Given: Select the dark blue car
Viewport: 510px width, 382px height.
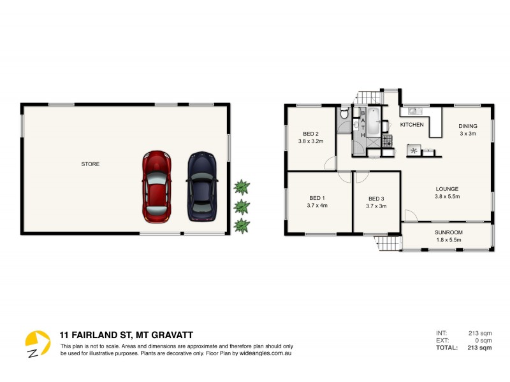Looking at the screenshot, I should click(x=201, y=187).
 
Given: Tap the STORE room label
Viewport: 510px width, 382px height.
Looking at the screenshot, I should click(x=90, y=164).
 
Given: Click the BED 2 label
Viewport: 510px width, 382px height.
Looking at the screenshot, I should click(x=310, y=134).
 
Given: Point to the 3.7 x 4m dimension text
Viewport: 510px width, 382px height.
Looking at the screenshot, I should click(x=317, y=206).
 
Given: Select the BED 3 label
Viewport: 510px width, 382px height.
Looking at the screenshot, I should click(x=376, y=198).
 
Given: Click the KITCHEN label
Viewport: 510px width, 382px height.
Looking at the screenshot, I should click(x=412, y=125).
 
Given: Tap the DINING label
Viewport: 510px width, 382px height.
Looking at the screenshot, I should click(x=468, y=126).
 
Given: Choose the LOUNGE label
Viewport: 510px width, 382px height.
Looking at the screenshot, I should click(x=447, y=188).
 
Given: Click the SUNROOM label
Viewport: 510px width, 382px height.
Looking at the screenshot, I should click(x=448, y=232).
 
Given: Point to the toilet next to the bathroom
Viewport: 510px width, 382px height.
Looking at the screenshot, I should click(x=343, y=115).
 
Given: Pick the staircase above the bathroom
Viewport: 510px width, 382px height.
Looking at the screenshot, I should click(x=368, y=97).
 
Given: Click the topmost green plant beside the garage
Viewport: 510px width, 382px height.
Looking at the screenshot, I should click(x=241, y=187).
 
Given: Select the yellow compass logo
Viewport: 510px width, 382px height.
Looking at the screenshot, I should click(x=37, y=343).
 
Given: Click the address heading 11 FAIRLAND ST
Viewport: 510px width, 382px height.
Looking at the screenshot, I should click(x=126, y=334).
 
